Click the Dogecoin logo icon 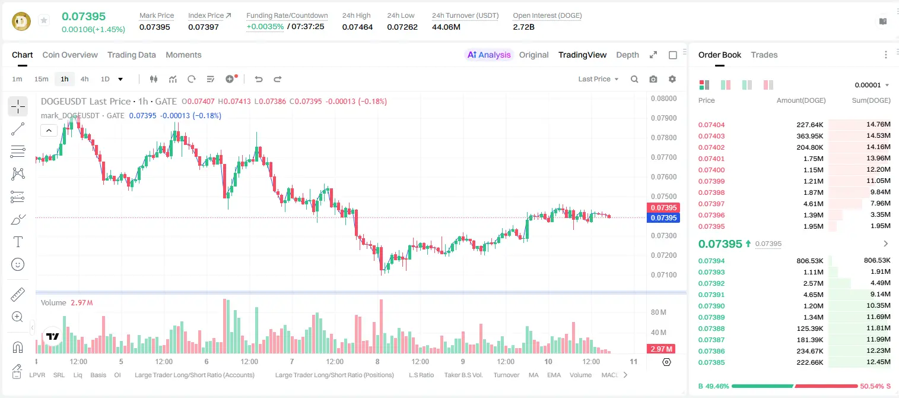pyautogui.click(x=21, y=21)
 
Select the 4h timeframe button pyautogui.click(x=84, y=79)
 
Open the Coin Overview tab pyautogui.click(x=70, y=55)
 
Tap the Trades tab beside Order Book pyautogui.click(x=764, y=55)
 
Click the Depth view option pyautogui.click(x=627, y=55)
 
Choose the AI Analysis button pyautogui.click(x=489, y=55)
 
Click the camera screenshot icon pyautogui.click(x=653, y=79)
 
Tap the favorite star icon pyautogui.click(x=44, y=20)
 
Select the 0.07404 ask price pyautogui.click(x=711, y=125)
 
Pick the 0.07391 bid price pyautogui.click(x=711, y=295)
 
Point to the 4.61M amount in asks pyautogui.click(x=813, y=204)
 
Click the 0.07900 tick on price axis pyautogui.click(x=664, y=118)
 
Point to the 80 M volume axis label pyautogui.click(x=658, y=312)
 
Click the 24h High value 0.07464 pyautogui.click(x=357, y=27)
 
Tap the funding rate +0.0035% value pyautogui.click(x=265, y=27)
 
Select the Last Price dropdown pyautogui.click(x=598, y=79)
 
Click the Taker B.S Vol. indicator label pyautogui.click(x=463, y=375)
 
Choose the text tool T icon pyautogui.click(x=18, y=242)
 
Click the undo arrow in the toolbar pyautogui.click(x=259, y=79)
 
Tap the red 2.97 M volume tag pyautogui.click(x=661, y=349)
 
